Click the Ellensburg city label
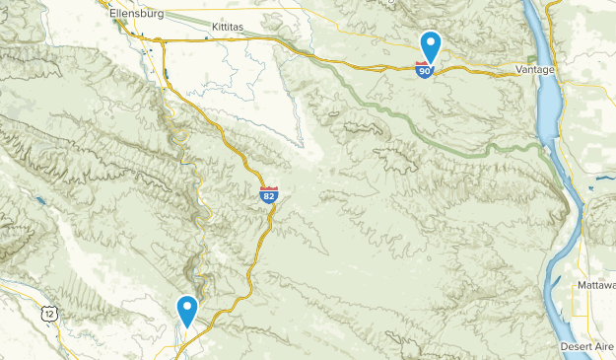tap(135, 14)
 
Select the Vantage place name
tap(536, 70)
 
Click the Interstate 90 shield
tap(424, 71)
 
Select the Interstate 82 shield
tap(269, 195)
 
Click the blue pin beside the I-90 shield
tap(430, 46)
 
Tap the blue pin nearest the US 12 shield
tap(186, 310)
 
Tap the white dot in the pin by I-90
tap(430, 43)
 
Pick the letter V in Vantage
tap(520, 70)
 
